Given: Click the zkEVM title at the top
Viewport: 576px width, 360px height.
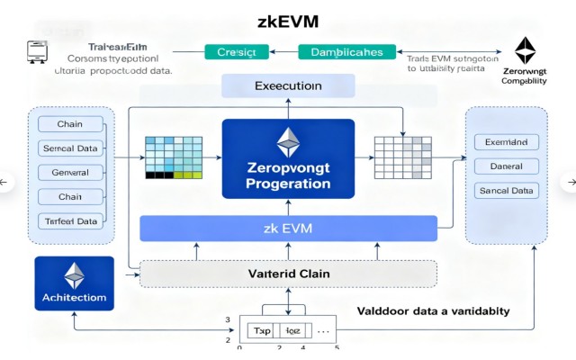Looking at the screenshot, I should (288, 21).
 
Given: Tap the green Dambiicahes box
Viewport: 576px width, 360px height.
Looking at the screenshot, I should (346, 52).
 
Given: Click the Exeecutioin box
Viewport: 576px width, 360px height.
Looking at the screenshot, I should (287, 86).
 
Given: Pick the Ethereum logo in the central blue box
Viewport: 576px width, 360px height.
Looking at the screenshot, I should (287, 139).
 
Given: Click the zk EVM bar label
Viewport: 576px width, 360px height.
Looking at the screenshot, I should (288, 229).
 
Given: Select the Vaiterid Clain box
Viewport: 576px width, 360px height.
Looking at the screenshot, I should (288, 274).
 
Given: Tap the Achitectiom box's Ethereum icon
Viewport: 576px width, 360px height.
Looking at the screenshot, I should (73, 275).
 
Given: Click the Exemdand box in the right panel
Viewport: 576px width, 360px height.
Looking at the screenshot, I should (505, 142).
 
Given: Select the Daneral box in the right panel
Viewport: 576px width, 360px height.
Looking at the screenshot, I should (505, 166).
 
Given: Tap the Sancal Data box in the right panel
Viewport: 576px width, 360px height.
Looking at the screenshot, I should (505, 191).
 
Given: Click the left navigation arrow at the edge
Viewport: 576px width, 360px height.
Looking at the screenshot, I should (5, 183).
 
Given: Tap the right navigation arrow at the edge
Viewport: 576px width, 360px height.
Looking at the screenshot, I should (570, 183).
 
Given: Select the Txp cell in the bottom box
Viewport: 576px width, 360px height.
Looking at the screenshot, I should (260, 331).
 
